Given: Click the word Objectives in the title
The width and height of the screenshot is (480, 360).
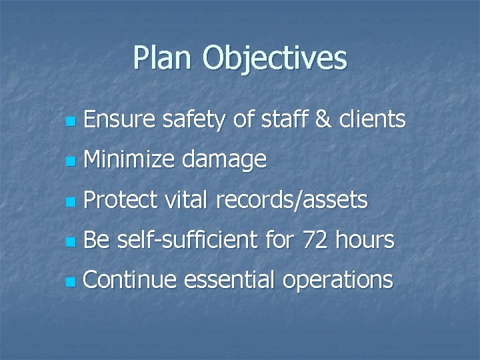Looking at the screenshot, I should point(275,59).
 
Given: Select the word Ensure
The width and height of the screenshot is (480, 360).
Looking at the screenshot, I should point(120,120).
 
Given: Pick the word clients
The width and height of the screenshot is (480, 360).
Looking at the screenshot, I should point(372,120).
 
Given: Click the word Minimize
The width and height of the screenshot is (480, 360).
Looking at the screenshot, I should point(129,160).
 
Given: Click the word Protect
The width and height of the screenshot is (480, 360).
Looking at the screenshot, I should point(121,200).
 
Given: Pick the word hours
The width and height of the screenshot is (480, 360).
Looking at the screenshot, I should point(365,240).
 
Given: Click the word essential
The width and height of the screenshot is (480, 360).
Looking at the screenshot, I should point(229,280).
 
